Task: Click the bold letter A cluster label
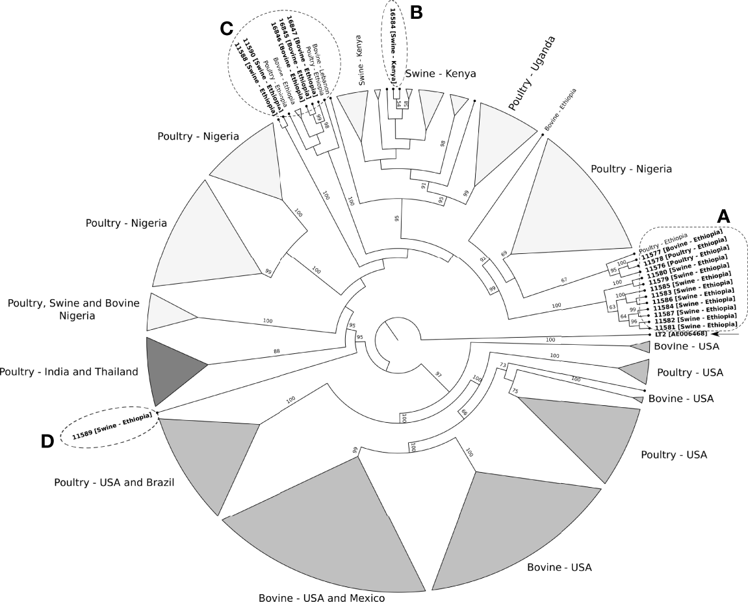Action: (723, 216)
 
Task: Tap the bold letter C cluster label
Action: (227, 28)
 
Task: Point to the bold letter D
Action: (47, 441)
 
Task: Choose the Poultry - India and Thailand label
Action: (70, 372)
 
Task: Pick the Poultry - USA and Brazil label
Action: (114, 483)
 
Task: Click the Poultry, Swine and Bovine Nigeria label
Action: (73, 309)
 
